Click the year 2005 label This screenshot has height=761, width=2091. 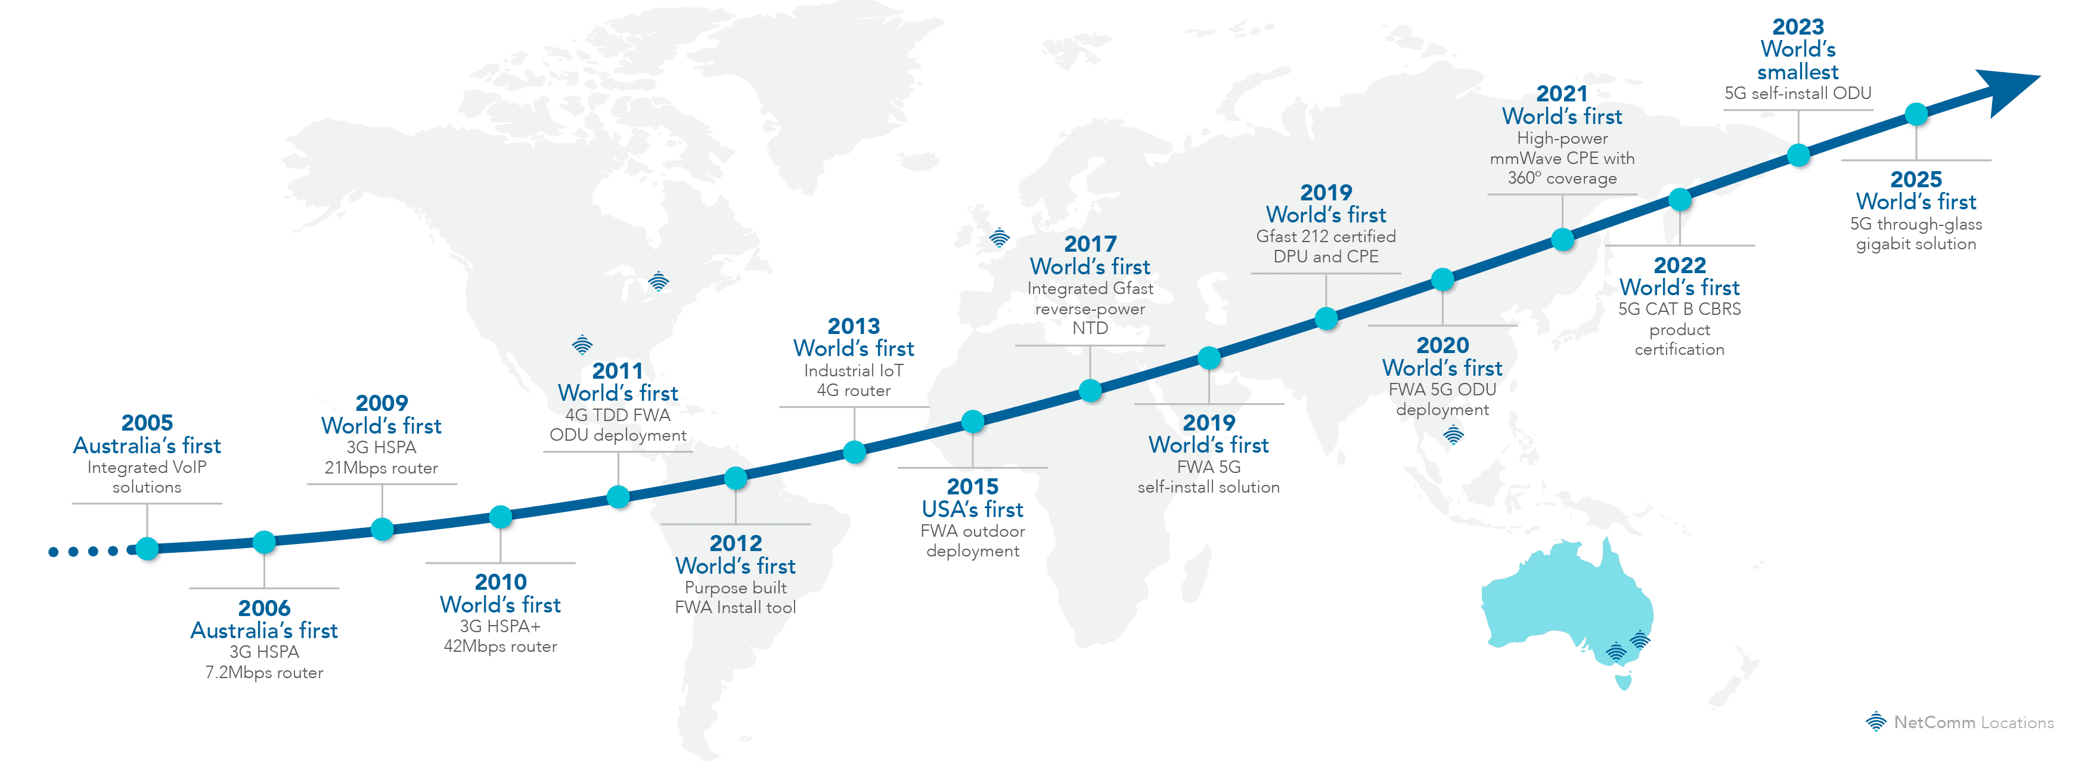pos(147,423)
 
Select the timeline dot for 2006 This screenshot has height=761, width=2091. pos(265,542)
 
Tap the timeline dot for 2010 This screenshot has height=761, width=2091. pos(501,516)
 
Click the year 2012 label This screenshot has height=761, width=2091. pos(736,543)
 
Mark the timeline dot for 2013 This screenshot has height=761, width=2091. pos(855,451)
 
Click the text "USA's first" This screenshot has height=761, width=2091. pos(972,510)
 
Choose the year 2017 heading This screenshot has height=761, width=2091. pos(1090,244)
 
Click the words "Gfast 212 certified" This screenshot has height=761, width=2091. pos(1326,236)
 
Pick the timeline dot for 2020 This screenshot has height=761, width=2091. pos(1442,279)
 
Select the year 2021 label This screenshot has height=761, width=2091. pos(1562,94)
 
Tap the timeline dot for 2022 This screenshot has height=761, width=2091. pos(1680,198)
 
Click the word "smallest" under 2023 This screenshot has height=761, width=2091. pos(1798,72)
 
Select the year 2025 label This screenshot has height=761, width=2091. pos(1916,180)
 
